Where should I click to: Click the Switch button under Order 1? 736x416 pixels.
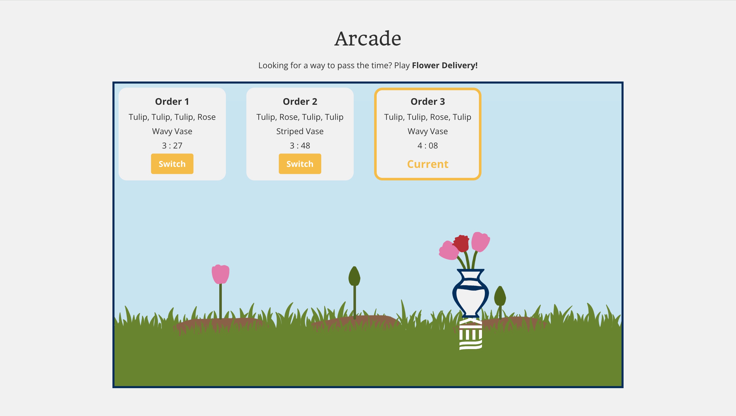[x=172, y=164]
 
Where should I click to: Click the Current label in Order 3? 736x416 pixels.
[x=428, y=164]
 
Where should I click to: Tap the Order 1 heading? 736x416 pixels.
[x=172, y=101]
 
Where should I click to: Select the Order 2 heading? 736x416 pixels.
[x=300, y=101]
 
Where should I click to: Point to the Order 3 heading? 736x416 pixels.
[x=428, y=101]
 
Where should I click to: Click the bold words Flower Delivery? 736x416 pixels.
[x=445, y=65]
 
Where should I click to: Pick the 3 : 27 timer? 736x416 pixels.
[x=172, y=145]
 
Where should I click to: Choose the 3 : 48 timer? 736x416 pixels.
[x=300, y=145]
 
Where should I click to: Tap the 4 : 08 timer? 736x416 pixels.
[x=428, y=145]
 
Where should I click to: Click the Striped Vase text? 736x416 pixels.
[x=300, y=131]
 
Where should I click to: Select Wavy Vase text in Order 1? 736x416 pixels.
[x=172, y=131]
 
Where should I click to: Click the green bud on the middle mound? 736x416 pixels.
[x=354, y=276]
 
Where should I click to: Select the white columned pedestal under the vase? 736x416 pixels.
[x=470, y=334]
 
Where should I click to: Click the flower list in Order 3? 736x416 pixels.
[x=428, y=117]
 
